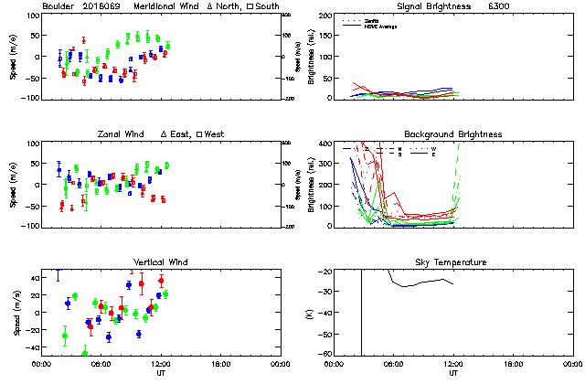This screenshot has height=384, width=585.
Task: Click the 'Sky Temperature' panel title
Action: tap(453, 262)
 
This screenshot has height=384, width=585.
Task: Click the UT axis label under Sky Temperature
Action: tap(453, 373)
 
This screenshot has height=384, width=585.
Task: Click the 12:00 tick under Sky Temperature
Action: tap(453, 363)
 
